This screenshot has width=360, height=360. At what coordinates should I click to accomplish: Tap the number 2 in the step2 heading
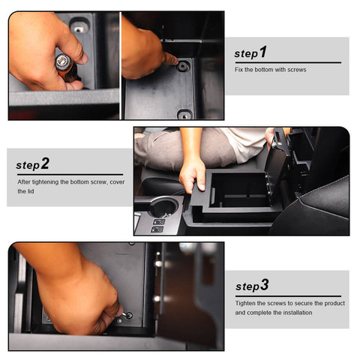45,163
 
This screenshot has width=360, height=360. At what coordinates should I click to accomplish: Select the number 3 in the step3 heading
264,285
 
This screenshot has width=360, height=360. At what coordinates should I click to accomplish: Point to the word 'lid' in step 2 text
33,190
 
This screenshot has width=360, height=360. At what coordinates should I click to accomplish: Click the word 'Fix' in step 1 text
238,70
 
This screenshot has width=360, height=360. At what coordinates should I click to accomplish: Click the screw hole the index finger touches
182,66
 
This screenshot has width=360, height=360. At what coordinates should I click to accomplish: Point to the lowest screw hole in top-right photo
184,115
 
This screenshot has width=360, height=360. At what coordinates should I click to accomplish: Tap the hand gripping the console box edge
193,174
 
